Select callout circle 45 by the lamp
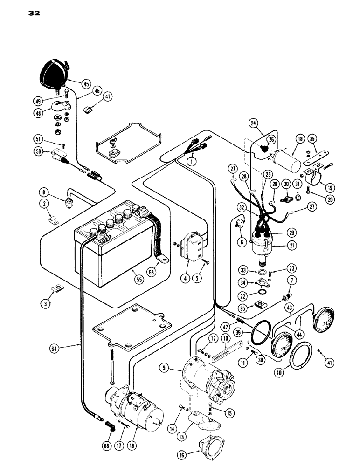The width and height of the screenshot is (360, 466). (x=86, y=84)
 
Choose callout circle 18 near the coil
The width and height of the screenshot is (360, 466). (x=298, y=139)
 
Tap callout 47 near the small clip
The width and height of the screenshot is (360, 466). (x=109, y=97)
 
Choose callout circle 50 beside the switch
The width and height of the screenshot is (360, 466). (x=38, y=151)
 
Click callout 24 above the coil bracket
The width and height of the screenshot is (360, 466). (x=254, y=123)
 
